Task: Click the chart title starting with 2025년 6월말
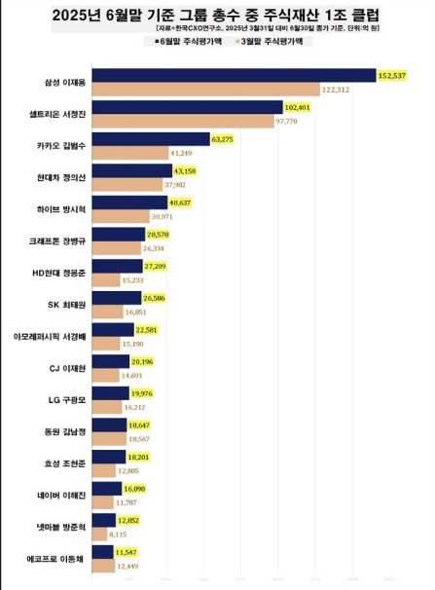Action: click(217, 15)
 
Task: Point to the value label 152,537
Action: click(392, 75)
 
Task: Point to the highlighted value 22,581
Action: click(148, 329)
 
